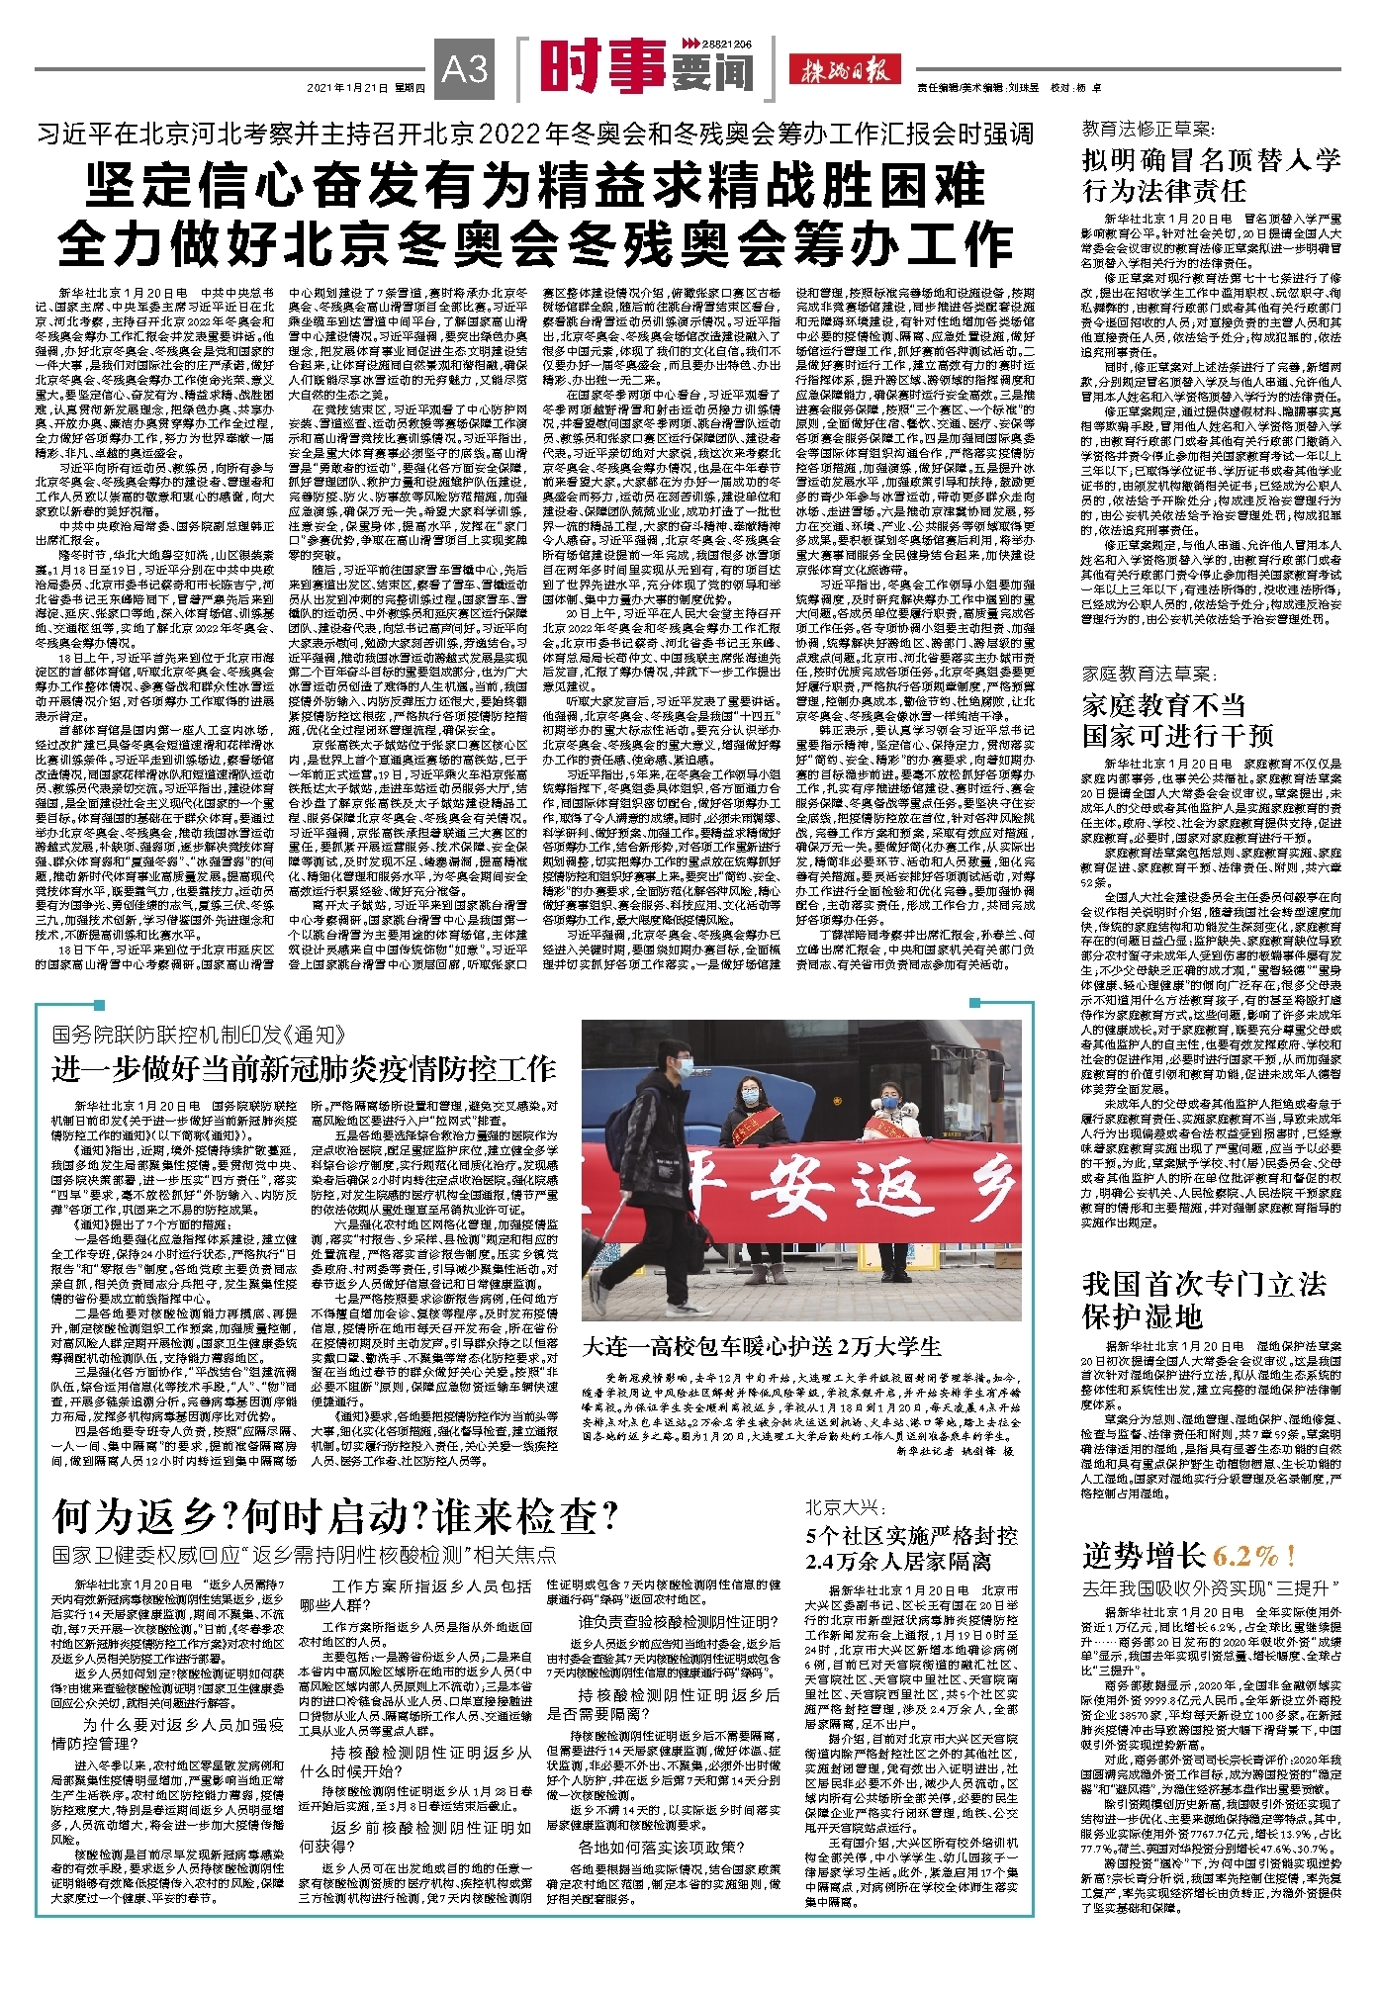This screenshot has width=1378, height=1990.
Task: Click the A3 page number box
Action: [465, 69]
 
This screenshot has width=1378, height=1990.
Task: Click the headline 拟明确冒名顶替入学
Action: [1211, 160]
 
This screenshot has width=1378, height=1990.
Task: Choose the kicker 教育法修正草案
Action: [1148, 129]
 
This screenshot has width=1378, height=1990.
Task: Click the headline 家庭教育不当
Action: [1163, 704]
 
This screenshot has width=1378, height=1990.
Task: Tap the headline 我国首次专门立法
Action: [1204, 1284]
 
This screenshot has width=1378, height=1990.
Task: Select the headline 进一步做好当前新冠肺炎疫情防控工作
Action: [304, 1068]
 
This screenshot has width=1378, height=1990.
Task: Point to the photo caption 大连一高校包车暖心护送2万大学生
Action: [762, 1346]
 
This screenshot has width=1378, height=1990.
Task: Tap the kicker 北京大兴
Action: [843, 1507]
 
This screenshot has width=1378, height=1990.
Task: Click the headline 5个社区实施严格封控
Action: [911, 1535]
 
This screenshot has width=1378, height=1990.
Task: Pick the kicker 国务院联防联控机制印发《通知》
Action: [199, 1036]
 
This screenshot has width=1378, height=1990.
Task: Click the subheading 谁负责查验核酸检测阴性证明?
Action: [679, 1621]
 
